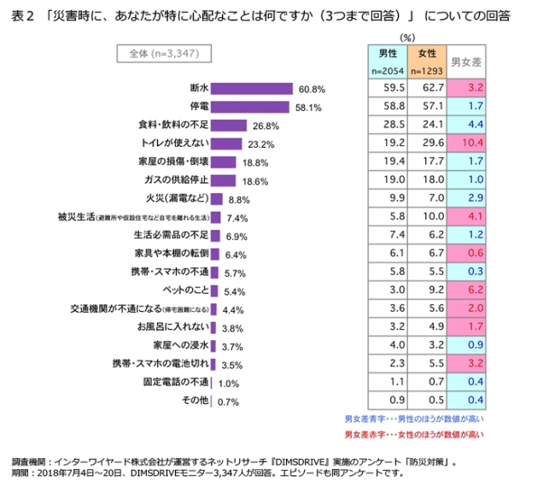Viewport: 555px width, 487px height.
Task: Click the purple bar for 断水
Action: [253, 88]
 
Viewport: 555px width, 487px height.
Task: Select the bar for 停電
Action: [250, 107]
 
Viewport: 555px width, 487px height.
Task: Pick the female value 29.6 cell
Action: [429, 144]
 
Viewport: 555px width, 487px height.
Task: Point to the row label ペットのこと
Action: [184, 291]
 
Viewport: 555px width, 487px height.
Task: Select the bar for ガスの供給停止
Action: [225, 181]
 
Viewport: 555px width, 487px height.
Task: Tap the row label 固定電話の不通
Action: [174, 384]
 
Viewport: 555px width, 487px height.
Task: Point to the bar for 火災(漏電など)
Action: [217, 199]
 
